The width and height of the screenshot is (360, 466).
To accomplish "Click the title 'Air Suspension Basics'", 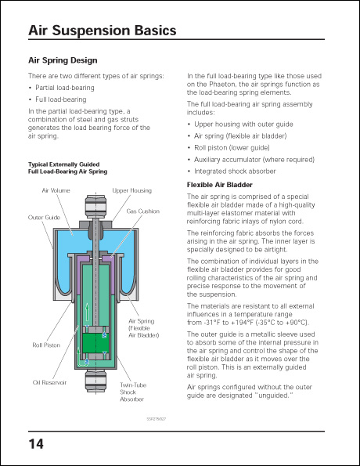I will pos(102,31).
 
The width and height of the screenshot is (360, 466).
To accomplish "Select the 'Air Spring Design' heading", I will pos(63,60).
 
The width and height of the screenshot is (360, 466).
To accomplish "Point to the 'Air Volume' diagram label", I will pos(55,190).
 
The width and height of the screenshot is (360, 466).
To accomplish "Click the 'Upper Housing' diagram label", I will pos(131,190).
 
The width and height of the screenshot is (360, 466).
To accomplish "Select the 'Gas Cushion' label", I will pos(142,211).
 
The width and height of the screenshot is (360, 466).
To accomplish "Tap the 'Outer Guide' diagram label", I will pos(44,217).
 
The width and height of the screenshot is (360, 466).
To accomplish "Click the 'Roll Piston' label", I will pos(46,345).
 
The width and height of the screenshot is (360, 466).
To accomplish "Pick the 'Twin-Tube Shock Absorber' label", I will pos(131,392).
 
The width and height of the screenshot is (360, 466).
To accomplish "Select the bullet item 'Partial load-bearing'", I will pos(64,88).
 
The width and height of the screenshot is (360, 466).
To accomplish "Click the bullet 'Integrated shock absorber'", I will pos(234,171).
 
